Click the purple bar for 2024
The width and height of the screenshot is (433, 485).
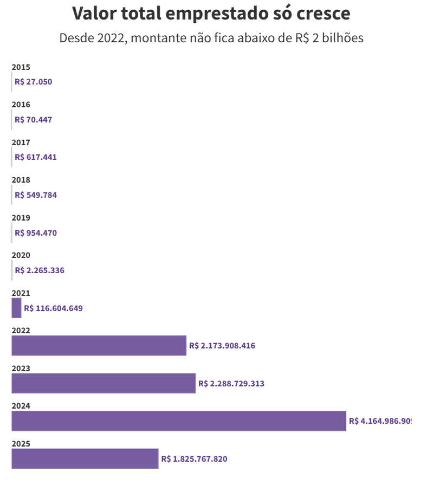[179, 421]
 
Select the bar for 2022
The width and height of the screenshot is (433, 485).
[99, 346]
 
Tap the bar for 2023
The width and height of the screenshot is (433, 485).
[104, 383]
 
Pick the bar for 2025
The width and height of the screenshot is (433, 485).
[85, 458]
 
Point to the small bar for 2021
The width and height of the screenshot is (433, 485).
[16, 308]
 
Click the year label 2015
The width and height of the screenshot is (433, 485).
[21, 67]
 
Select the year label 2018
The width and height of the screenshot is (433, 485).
[21, 180]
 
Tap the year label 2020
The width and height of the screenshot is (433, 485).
[21, 255]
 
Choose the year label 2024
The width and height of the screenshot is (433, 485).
[21, 406]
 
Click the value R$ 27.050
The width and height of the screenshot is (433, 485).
[34, 82]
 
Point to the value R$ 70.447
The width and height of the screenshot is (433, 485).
[34, 120]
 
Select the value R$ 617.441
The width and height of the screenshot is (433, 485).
[36, 157]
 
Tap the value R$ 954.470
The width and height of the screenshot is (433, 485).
[36, 233]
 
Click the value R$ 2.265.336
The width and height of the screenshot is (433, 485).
[40, 270]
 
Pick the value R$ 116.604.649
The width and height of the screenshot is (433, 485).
[53, 308]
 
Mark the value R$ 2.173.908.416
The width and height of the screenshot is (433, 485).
[222, 346]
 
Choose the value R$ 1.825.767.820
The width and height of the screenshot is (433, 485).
[194, 459]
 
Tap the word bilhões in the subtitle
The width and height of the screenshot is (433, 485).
[340, 38]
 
